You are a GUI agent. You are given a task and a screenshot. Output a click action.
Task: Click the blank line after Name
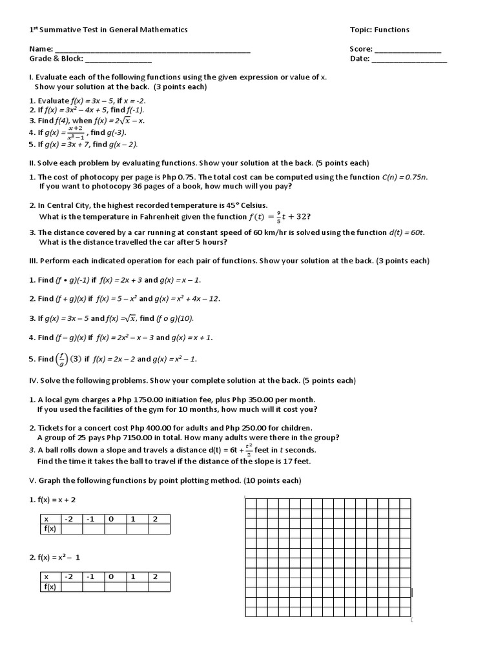point(152,50)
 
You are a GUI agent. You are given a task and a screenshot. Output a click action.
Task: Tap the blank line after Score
point(408,50)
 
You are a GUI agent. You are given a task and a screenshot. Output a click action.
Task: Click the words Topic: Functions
point(379,30)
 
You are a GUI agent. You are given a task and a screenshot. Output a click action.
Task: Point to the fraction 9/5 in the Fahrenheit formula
point(278,216)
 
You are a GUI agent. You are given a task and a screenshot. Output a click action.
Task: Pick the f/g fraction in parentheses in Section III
point(63,358)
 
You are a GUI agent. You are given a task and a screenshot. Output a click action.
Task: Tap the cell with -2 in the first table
point(72,519)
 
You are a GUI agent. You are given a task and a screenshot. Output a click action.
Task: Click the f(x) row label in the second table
point(50,587)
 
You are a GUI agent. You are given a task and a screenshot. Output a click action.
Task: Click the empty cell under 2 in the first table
point(159,529)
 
